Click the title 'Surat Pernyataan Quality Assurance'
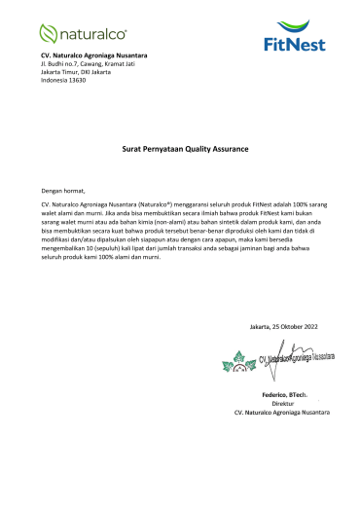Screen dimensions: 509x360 tap(179, 150)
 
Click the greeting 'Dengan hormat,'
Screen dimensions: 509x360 tap(63, 192)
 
